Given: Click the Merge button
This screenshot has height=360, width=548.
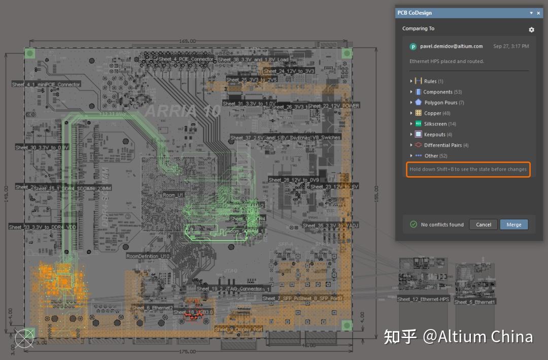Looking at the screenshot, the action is click(513, 224).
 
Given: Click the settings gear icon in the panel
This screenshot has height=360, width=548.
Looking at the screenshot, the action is click(531, 29).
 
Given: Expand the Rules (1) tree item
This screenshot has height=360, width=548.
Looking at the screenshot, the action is click(412, 81).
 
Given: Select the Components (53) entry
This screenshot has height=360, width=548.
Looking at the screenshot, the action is click(438, 92).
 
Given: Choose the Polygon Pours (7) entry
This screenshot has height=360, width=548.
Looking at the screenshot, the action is click(440, 103).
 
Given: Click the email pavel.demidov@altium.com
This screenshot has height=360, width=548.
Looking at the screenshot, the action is click(451, 46).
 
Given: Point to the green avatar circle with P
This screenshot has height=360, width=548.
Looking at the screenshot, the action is click(413, 47).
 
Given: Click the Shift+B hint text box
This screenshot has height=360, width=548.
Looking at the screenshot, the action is click(468, 169).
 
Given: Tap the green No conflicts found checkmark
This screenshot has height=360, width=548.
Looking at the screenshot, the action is click(413, 224).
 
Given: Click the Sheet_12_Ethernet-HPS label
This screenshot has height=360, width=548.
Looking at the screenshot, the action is click(423, 299).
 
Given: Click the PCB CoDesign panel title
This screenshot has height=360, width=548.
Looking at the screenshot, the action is click(415, 13).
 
